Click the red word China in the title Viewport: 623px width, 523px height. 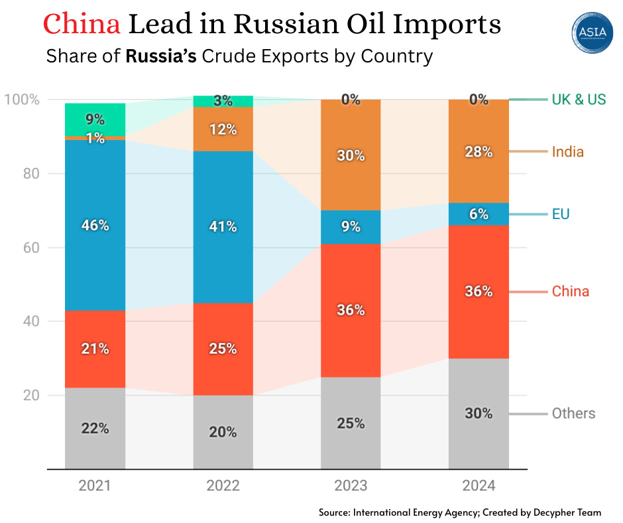coord(82,25)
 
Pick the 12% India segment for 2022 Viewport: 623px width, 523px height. coord(223,129)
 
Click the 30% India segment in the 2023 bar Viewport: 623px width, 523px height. coord(351,155)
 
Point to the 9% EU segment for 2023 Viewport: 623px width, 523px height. coord(351,227)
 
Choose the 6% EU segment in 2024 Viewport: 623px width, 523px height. coord(479,214)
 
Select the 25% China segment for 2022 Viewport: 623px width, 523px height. coord(223,348)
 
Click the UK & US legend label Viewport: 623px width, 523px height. coord(579,100)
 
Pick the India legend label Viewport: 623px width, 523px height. coord(568,152)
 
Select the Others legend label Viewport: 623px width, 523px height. coord(573,413)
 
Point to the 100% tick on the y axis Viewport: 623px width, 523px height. coord(22,100)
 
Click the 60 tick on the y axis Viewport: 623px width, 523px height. coord(32,248)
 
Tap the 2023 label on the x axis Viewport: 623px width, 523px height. coord(351,486)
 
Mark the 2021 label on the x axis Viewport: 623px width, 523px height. coord(95,486)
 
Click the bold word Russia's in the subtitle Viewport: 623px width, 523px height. coord(161,56)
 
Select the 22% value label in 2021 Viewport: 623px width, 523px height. coord(95,429)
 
